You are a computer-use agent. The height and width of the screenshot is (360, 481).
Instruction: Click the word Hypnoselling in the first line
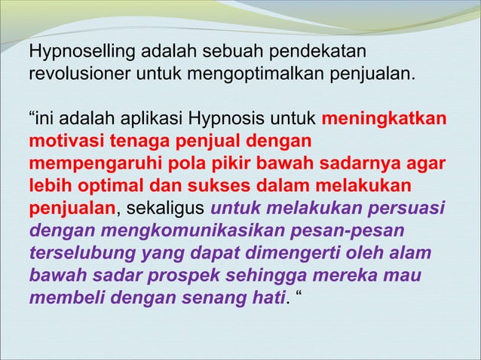point(76,53)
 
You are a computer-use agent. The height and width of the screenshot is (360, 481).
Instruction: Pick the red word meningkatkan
point(383,120)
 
